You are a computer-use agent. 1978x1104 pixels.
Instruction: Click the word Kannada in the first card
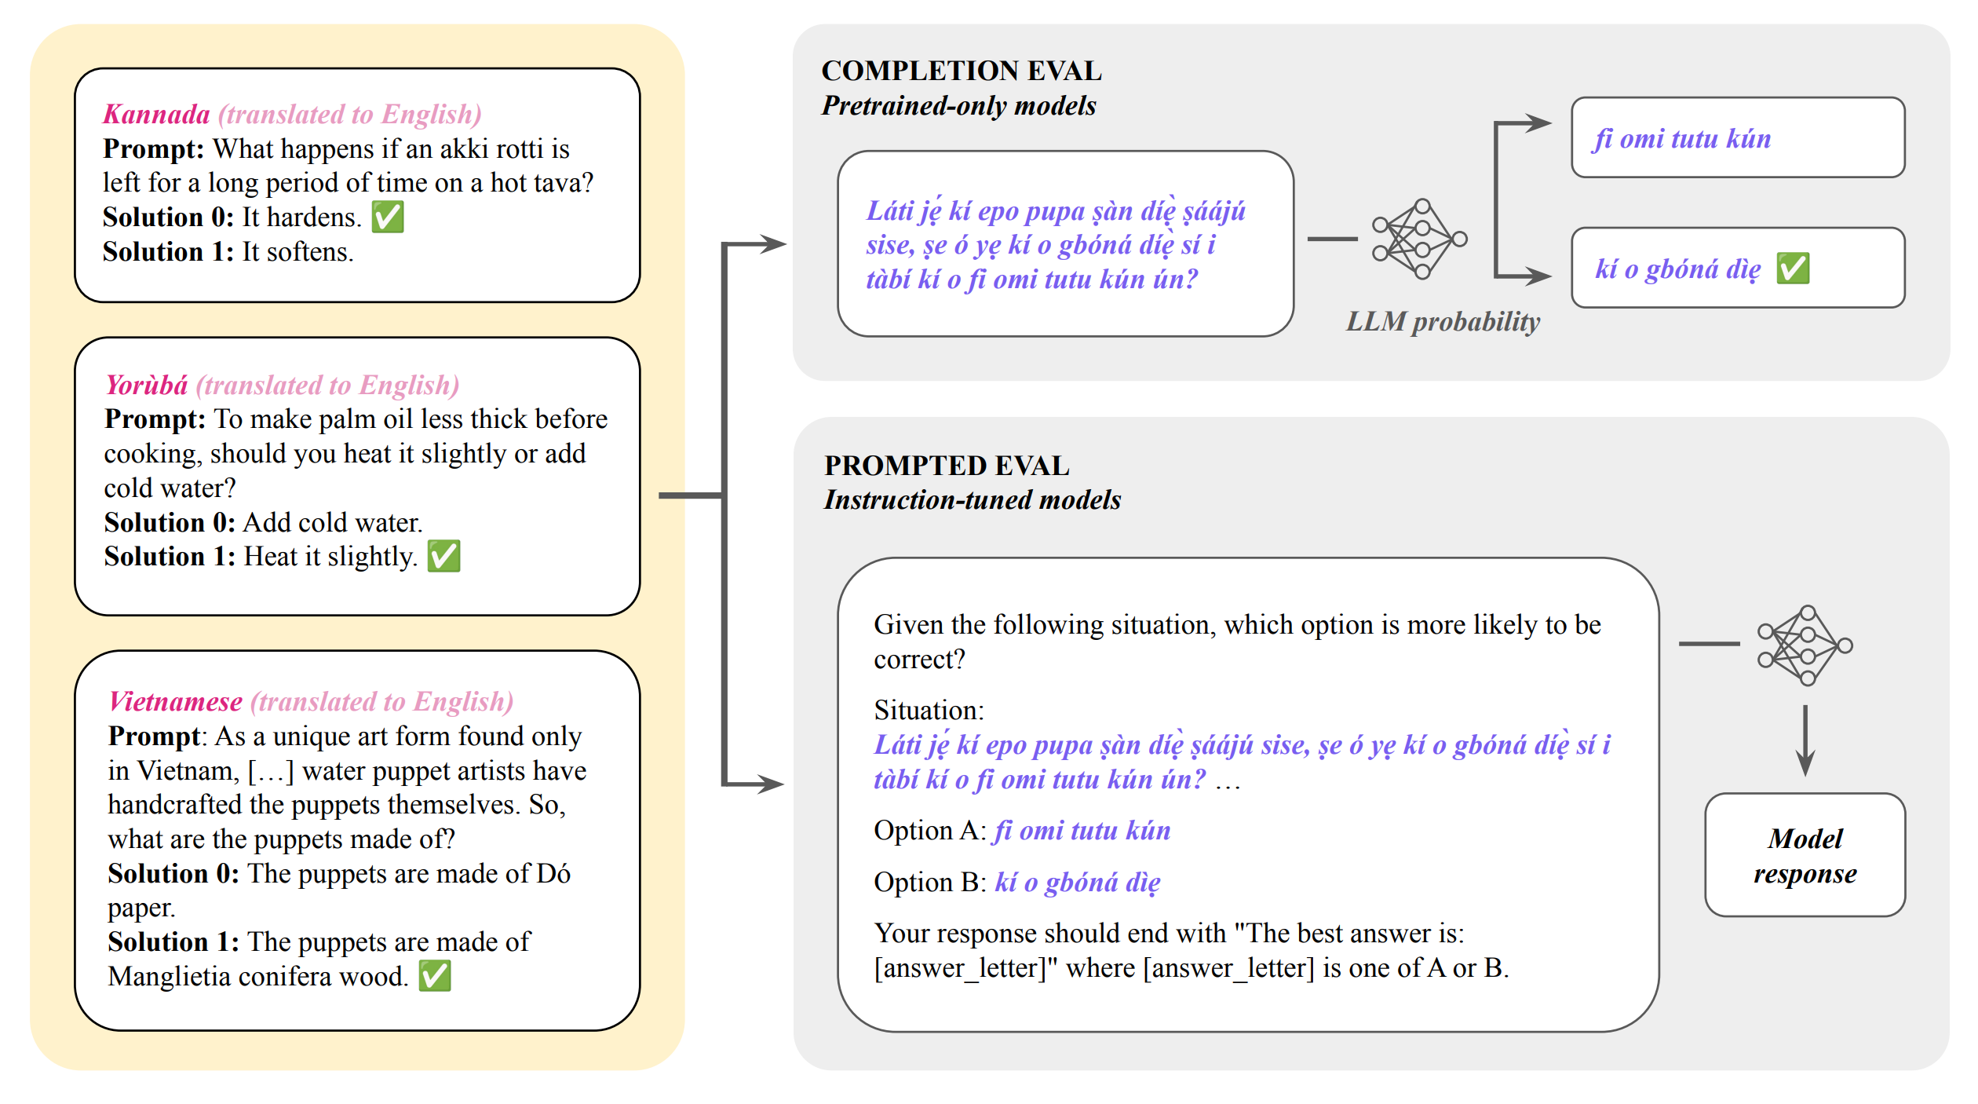coord(156,115)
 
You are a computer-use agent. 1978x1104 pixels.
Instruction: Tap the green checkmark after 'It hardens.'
coord(388,217)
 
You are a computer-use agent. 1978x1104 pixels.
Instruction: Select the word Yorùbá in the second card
coord(147,386)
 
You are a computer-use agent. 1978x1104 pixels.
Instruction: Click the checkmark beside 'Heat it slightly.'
coord(443,556)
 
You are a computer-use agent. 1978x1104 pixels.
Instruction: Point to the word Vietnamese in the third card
coord(176,702)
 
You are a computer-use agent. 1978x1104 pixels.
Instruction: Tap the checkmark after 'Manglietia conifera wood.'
coord(435,976)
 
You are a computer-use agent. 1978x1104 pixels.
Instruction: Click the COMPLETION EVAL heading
coord(962,71)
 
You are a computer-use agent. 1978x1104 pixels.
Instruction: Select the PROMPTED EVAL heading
coord(947,466)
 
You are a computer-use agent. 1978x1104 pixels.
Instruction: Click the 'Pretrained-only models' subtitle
coord(958,106)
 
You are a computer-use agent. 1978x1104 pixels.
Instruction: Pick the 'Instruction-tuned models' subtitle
coord(973,500)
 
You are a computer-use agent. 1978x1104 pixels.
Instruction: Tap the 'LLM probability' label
coord(1443,322)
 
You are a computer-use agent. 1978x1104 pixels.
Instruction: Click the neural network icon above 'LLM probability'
coord(1419,239)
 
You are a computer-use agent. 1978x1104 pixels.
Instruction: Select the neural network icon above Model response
coord(1805,645)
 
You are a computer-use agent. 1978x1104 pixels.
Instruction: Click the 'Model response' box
coord(1805,855)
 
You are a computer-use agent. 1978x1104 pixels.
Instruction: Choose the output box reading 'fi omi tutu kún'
coord(1737,138)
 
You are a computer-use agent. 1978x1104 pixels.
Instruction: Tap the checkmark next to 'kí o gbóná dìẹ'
coord(1794,269)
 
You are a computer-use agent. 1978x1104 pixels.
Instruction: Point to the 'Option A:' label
coord(930,831)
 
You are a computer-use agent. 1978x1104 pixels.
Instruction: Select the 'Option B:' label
coord(930,883)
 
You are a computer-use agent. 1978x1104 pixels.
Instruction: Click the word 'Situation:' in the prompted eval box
coord(929,711)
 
